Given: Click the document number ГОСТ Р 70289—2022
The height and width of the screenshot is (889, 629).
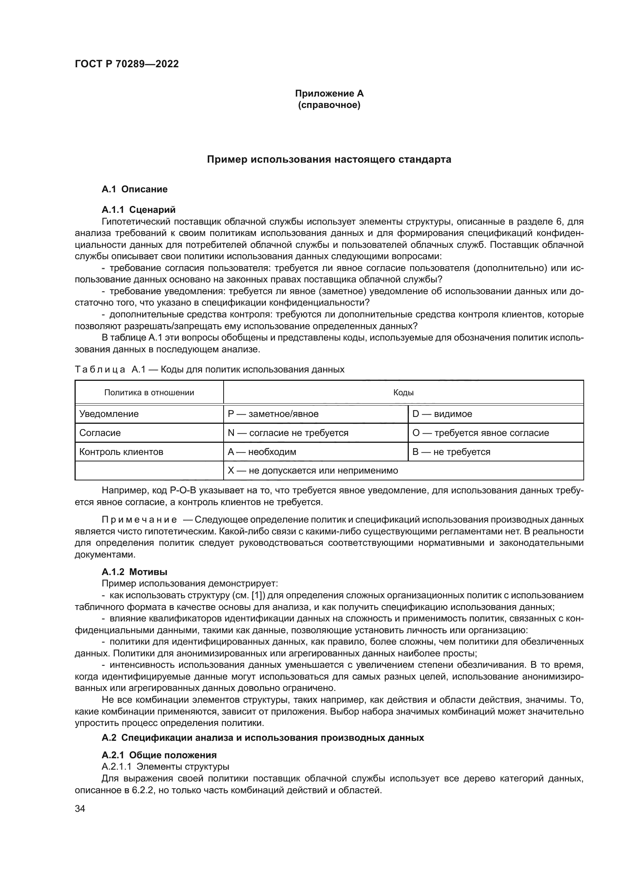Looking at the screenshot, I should click(127, 64).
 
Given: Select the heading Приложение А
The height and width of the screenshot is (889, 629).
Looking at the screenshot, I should click(329, 93).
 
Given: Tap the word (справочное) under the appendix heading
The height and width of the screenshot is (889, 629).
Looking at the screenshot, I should click(329, 105).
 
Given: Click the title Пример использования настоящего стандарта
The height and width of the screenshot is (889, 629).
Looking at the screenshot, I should click(329, 160).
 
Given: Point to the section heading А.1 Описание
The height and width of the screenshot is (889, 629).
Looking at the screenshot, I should click(134, 189).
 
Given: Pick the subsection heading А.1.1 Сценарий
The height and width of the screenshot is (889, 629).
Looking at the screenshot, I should click(138, 209).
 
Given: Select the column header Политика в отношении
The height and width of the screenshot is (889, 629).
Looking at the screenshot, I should click(149, 393).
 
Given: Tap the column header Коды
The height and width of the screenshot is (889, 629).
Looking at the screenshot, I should click(403, 393).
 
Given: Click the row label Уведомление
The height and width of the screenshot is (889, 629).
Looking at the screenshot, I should click(109, 414).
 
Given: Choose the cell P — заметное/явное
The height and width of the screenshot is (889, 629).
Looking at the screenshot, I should click(273, 414).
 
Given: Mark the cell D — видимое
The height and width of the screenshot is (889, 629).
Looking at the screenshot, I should click(442, 414).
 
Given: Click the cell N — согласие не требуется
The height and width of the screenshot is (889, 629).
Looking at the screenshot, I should click(288, 433).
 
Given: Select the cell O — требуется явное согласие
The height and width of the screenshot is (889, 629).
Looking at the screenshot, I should click(481, 433).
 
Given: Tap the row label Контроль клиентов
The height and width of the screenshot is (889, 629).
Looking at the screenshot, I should click(121, 452).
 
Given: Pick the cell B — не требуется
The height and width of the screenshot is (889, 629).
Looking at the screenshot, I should click(451, 452).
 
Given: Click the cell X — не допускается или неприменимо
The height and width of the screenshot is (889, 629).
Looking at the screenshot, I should click(313, 471).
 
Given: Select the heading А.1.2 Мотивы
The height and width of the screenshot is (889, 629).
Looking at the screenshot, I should click(134, 572).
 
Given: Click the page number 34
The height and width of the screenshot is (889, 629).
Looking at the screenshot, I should click(80, 809).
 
